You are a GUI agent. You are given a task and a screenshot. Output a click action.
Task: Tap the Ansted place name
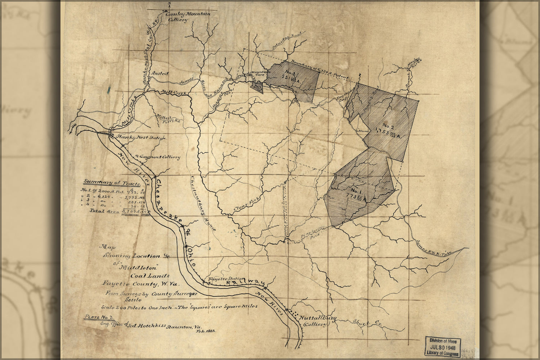161,73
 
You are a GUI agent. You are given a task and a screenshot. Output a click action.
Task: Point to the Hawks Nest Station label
141,138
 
